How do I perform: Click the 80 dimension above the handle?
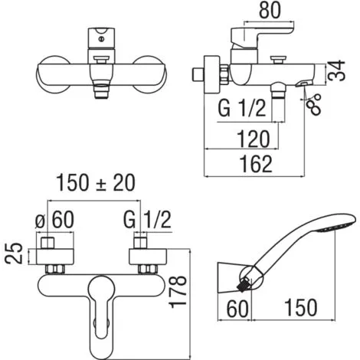pos(270,10)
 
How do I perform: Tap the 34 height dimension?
pos(337,71)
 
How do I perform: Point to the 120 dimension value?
pos(254,139)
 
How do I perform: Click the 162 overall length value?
pos(256,164)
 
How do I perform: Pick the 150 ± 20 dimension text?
pos(96,183)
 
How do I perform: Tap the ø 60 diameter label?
pos(54,220)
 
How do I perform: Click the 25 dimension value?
pos(14,253)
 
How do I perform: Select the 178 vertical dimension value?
pos(178,292)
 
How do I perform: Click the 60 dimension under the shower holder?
pos(237,309)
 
